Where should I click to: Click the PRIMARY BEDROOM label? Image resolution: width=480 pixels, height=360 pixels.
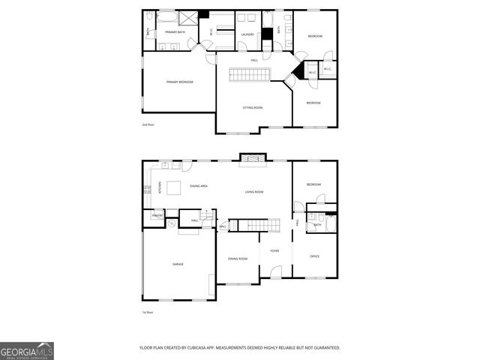(180, 82)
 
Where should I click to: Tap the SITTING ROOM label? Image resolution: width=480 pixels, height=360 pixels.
(252, 107)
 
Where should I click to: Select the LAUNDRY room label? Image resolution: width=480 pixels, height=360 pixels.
(247, 34)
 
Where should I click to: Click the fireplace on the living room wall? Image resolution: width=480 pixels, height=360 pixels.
(249, 157)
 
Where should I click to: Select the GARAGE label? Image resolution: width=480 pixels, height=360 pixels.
(178, 264)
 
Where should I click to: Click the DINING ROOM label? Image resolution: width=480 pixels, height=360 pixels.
(238, 259)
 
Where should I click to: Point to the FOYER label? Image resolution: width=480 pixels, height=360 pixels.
(274, 250)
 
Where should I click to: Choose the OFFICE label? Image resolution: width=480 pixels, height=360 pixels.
(315, 256)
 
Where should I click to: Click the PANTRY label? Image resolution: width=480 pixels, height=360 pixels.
(157, 216)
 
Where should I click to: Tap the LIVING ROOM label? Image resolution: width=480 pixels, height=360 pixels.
(254, 192)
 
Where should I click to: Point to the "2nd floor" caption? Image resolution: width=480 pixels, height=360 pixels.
(148, 124)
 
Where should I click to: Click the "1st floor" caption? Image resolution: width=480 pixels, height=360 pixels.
(148, 312)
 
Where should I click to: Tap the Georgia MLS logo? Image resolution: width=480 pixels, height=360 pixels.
(27, 350)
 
